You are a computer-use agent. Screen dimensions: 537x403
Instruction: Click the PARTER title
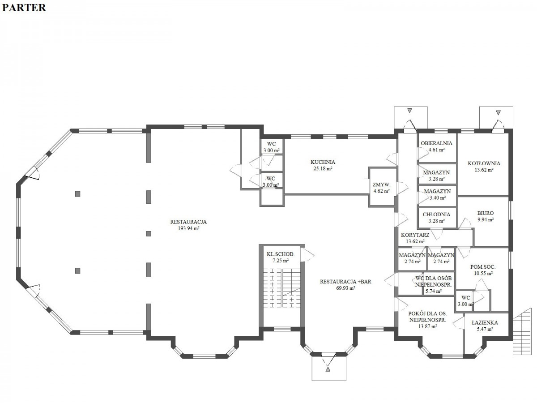click(24, 8)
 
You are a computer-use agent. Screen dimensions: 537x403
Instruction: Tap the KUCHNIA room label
click(323, 162)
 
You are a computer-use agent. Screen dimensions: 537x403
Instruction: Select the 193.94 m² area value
click(188, 228)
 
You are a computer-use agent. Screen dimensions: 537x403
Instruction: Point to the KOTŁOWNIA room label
click(484, 163)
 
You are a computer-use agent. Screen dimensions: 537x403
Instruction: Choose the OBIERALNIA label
click(436, 143)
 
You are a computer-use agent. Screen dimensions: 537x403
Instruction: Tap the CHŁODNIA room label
click(436, 214)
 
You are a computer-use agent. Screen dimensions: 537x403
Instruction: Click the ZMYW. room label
click(381, 185)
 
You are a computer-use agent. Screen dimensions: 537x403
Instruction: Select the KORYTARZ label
click(415, 235)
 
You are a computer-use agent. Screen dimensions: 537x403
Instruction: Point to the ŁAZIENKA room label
click(485, 323)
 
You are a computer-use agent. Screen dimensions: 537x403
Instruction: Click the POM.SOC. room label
click(483, 267)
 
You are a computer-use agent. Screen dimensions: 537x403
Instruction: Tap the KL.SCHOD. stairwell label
click(281, 254)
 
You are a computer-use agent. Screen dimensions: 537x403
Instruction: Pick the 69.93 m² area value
click(345, 288)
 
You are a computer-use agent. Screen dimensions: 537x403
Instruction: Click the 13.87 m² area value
click(427, 326)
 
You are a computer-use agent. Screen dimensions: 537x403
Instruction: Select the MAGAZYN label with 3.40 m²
click(437, 191)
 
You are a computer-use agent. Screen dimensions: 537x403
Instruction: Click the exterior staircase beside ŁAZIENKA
click(522, 331)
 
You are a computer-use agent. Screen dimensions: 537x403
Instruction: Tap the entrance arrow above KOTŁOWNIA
click(499, 113)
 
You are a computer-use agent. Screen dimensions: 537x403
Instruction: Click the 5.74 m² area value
click(434, 292)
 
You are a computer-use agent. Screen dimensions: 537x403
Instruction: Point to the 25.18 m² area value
click(323, 169)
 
